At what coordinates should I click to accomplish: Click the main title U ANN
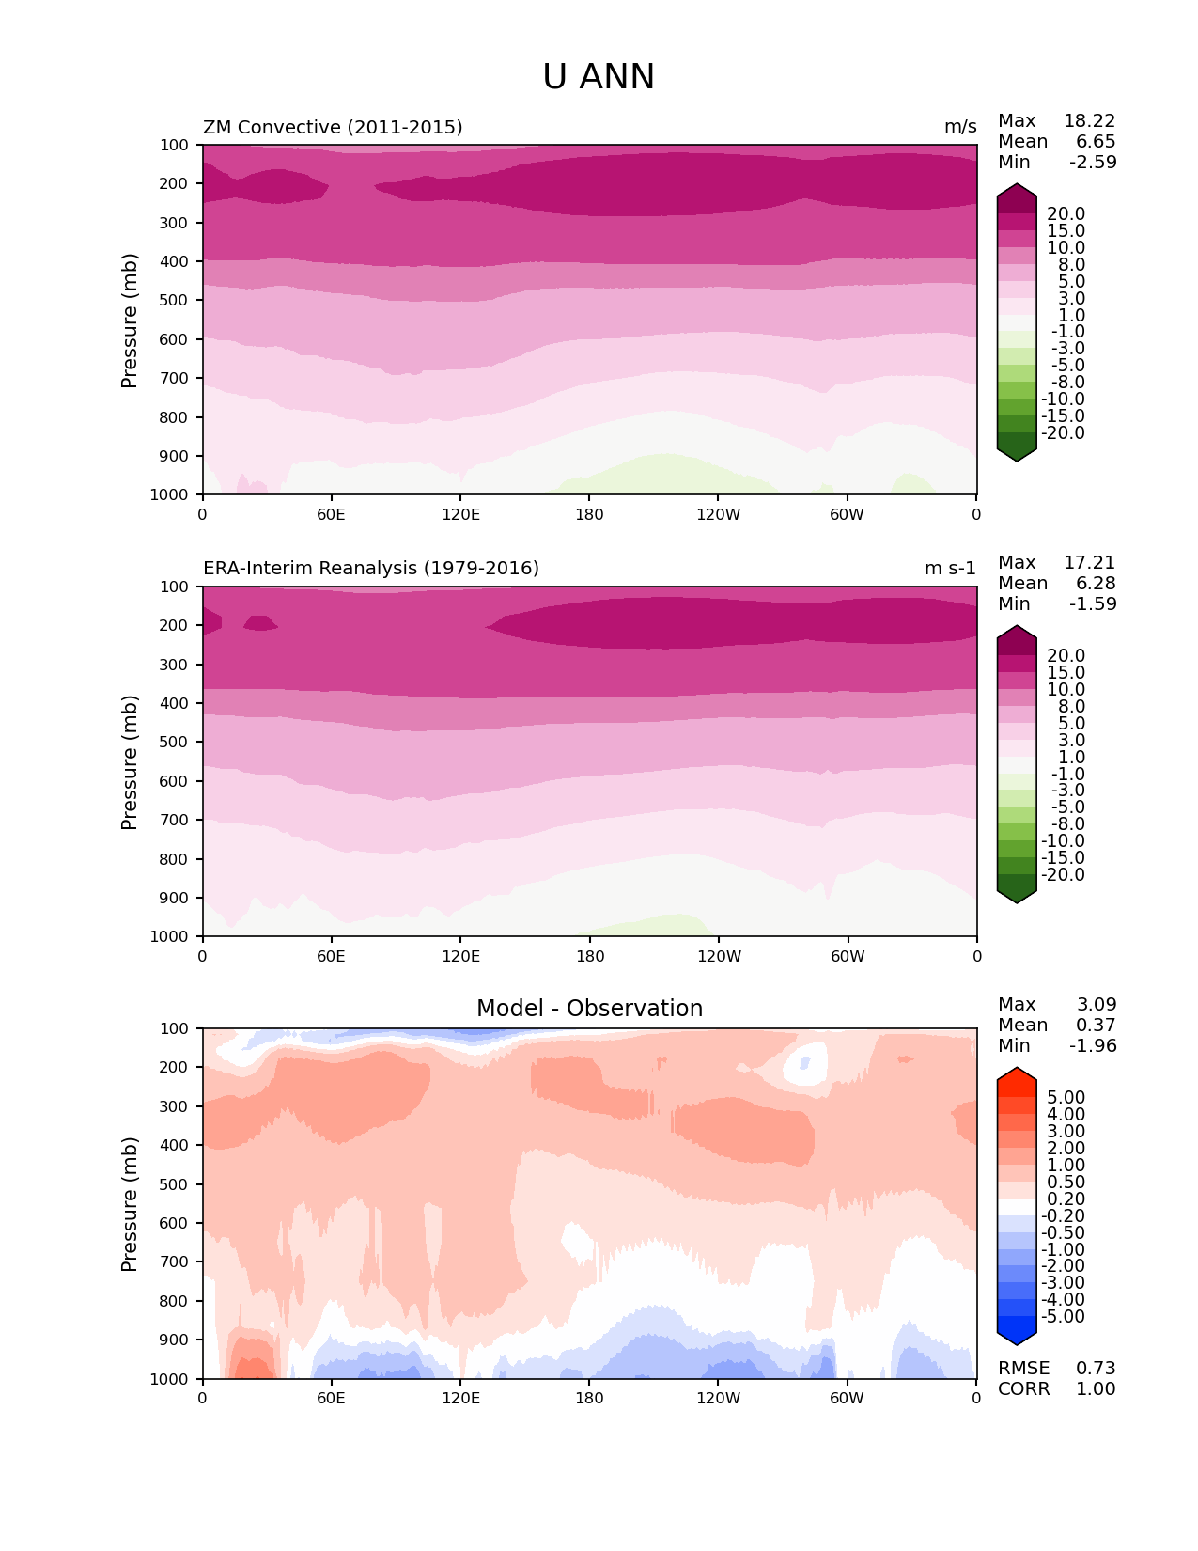coord(599,77)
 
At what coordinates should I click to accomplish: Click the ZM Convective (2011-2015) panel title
coord(333,127)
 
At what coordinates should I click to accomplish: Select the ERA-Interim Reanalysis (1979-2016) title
coord(371,569)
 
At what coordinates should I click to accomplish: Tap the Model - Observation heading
coord(589,1009)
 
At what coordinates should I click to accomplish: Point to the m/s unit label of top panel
coord(960,127)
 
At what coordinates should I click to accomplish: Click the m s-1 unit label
coord(950,569)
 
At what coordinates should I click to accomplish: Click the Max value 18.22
coord(1089,121)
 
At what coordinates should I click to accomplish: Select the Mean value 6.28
coord(1096,584)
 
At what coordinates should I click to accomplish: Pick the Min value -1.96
coord(1093,1046)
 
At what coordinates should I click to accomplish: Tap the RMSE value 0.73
coord(1096,1369)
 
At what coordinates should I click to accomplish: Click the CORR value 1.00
coord(1096,1389)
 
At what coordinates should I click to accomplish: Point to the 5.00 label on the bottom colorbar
coord(1066,1098)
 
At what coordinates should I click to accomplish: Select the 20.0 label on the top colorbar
coord(1066,214)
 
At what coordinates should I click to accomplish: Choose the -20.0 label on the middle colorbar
coord(1063,875)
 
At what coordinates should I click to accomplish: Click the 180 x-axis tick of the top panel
coord(589,514)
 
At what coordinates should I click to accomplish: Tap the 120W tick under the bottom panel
coord(718,1398)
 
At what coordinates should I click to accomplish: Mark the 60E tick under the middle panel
coord(331,956)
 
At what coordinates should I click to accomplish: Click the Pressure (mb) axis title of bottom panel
coord(130,1204)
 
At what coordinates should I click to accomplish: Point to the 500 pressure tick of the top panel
coord(175,301)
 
